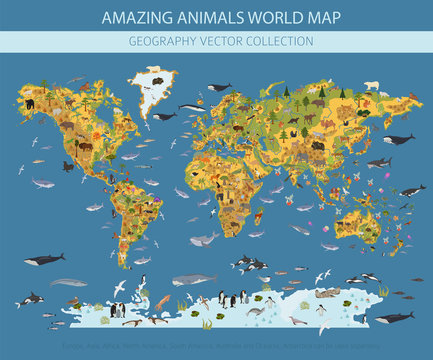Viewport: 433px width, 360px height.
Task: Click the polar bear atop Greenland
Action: [153, 71]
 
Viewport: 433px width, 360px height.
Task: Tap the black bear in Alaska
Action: [30, 104]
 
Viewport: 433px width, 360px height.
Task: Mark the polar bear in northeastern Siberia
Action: [400, 86]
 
